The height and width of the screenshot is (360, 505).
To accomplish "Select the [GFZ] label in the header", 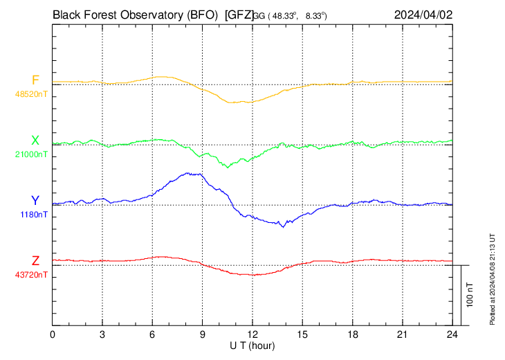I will pos(239,13).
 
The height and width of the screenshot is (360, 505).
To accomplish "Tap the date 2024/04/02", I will pos(423,13).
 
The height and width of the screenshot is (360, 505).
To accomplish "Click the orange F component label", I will pos(35,80).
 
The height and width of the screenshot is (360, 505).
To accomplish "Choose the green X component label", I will pos(35,141).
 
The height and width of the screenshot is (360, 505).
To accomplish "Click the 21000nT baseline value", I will pos(32,154).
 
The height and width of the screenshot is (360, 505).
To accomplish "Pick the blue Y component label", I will pos(35,201).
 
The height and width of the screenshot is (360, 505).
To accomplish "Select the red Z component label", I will pos(35,261).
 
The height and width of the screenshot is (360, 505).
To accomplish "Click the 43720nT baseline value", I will pos(32,275).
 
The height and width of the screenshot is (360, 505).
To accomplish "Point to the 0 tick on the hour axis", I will pos(53,334).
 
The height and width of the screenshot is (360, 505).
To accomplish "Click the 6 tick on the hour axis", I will pos(153,334).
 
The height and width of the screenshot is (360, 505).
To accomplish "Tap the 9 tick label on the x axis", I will pos(203,334).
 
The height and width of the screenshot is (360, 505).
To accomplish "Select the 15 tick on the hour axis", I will pos(302,334).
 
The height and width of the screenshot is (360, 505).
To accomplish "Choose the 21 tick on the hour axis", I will pos(402,334).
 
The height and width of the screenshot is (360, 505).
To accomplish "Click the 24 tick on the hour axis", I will pos(452,334).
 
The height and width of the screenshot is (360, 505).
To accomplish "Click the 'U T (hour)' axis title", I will pos(253,345).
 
